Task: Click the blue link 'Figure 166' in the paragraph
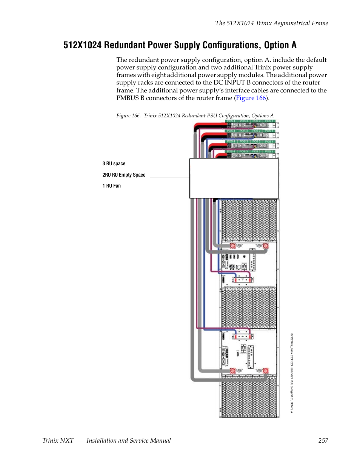[251, 98]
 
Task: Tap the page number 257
[323, 440]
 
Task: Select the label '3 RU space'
[114, 164]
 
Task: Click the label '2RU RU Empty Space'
[124, 175]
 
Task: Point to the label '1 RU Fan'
[111, 186]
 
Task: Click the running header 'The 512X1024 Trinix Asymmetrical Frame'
[271, 23]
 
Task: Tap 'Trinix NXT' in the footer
[58, 440]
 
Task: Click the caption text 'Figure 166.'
[128, 116]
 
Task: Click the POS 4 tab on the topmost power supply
[231, 121]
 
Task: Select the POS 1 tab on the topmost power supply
[269, 121]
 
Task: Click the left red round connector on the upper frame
[233, 246]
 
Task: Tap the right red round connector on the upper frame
[266, 246]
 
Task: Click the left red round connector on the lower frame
[233, 371]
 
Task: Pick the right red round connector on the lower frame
[265, 371]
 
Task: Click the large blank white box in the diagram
[234, 178]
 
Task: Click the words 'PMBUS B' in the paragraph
[130, 98]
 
